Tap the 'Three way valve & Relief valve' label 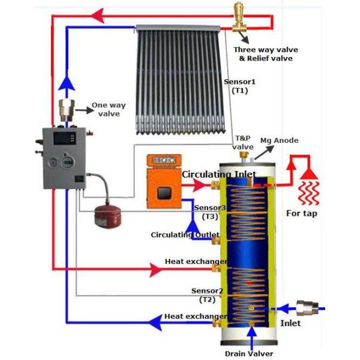265,54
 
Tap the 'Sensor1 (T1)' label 239,86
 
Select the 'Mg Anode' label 278,140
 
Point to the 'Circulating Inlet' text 219,175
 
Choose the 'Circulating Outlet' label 185,235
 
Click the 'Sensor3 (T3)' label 210,212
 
